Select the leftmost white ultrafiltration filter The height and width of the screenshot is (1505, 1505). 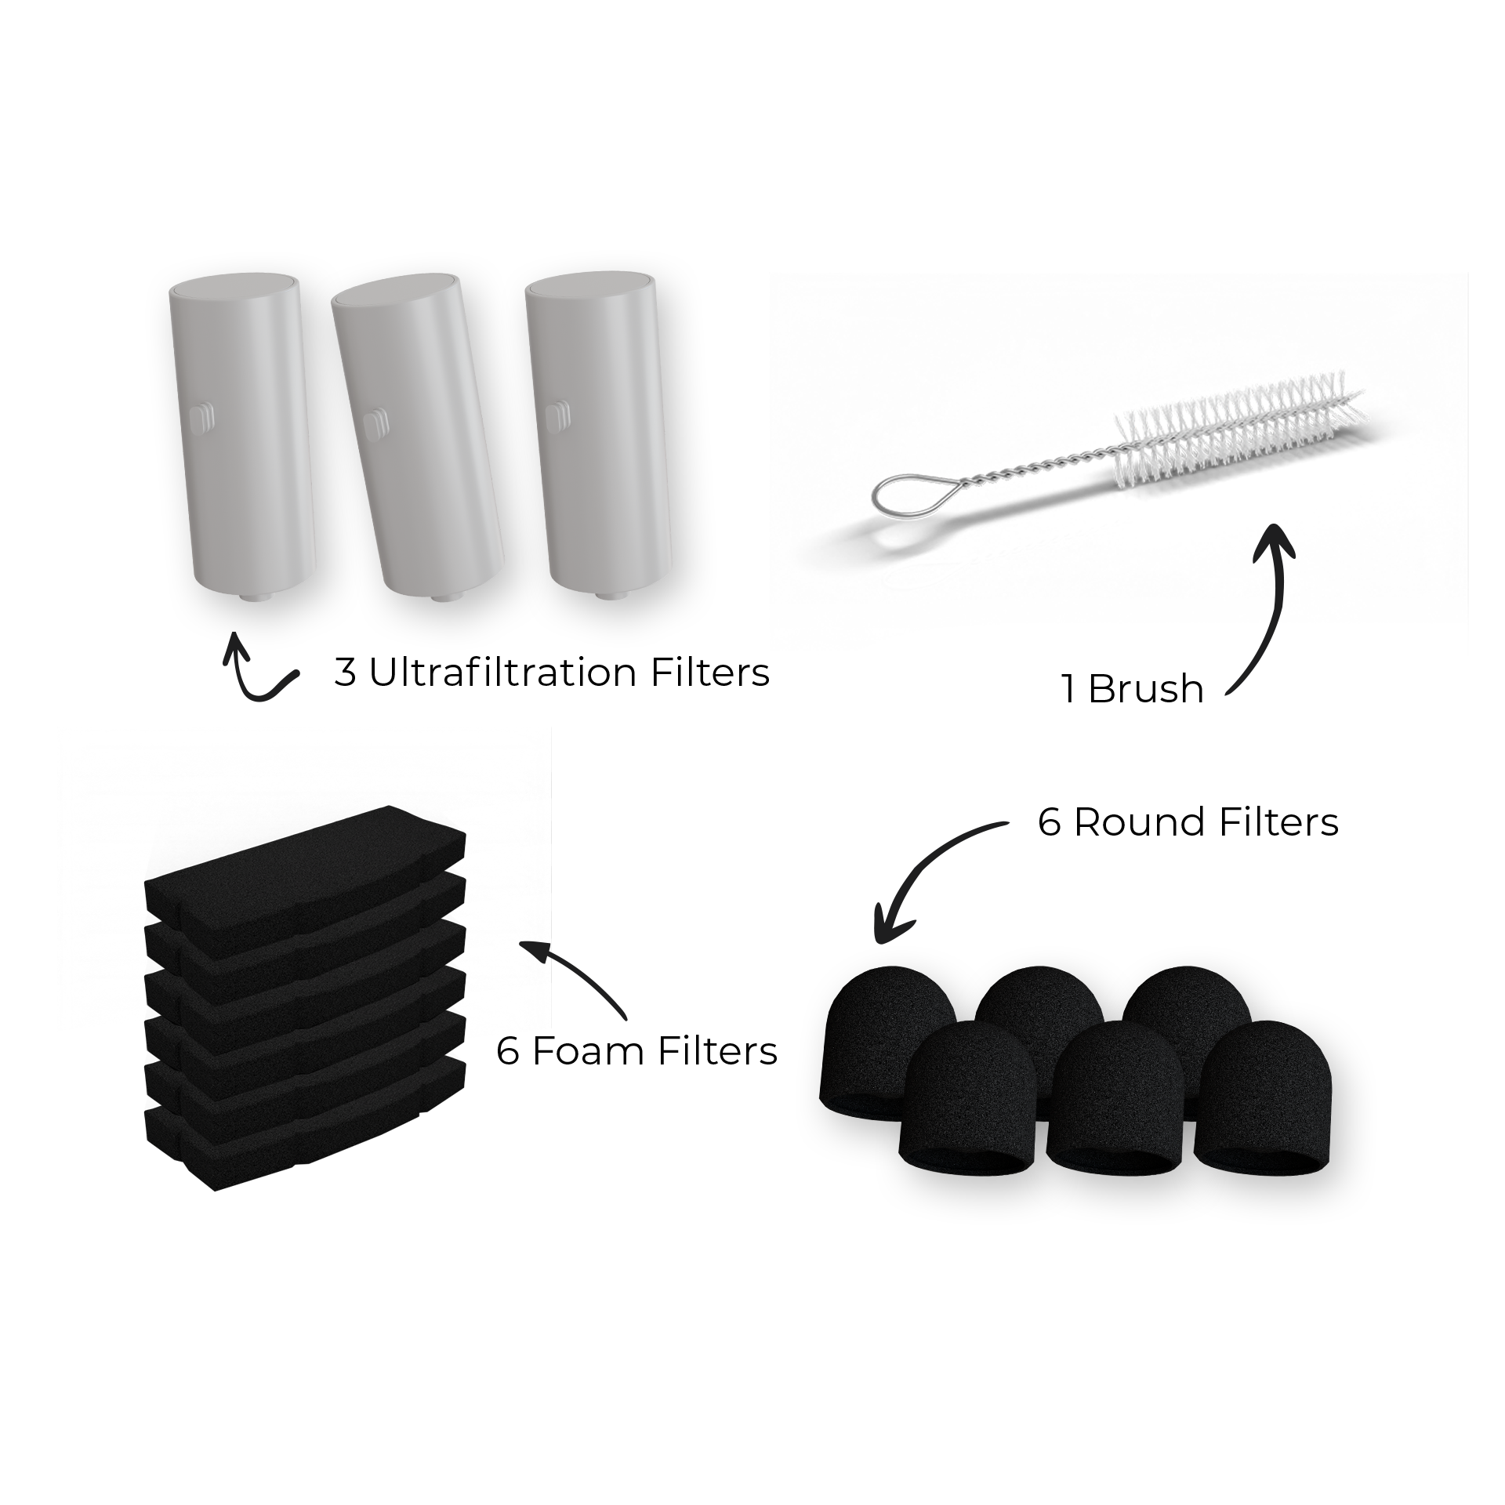coord(243,439)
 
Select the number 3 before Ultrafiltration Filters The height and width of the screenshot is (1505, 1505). coord(344,673)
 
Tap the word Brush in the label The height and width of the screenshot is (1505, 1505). coord(1145,689)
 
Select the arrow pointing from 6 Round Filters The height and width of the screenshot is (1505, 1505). coord(925,878)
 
